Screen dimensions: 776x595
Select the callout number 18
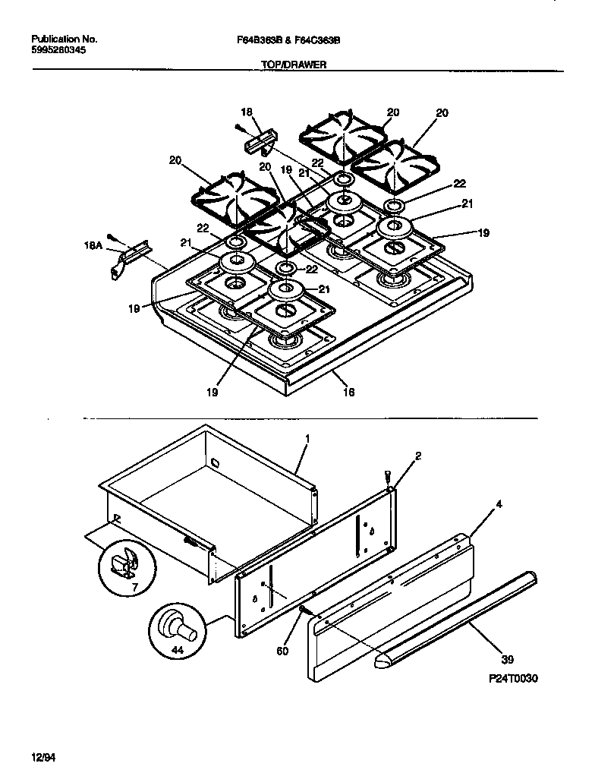coord(246,110)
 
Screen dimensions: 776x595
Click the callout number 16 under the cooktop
coord(348,393)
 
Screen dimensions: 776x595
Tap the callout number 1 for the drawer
coord(308,439)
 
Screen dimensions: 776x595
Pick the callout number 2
coord(417,456)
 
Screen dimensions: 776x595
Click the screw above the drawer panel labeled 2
coord(389,477)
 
